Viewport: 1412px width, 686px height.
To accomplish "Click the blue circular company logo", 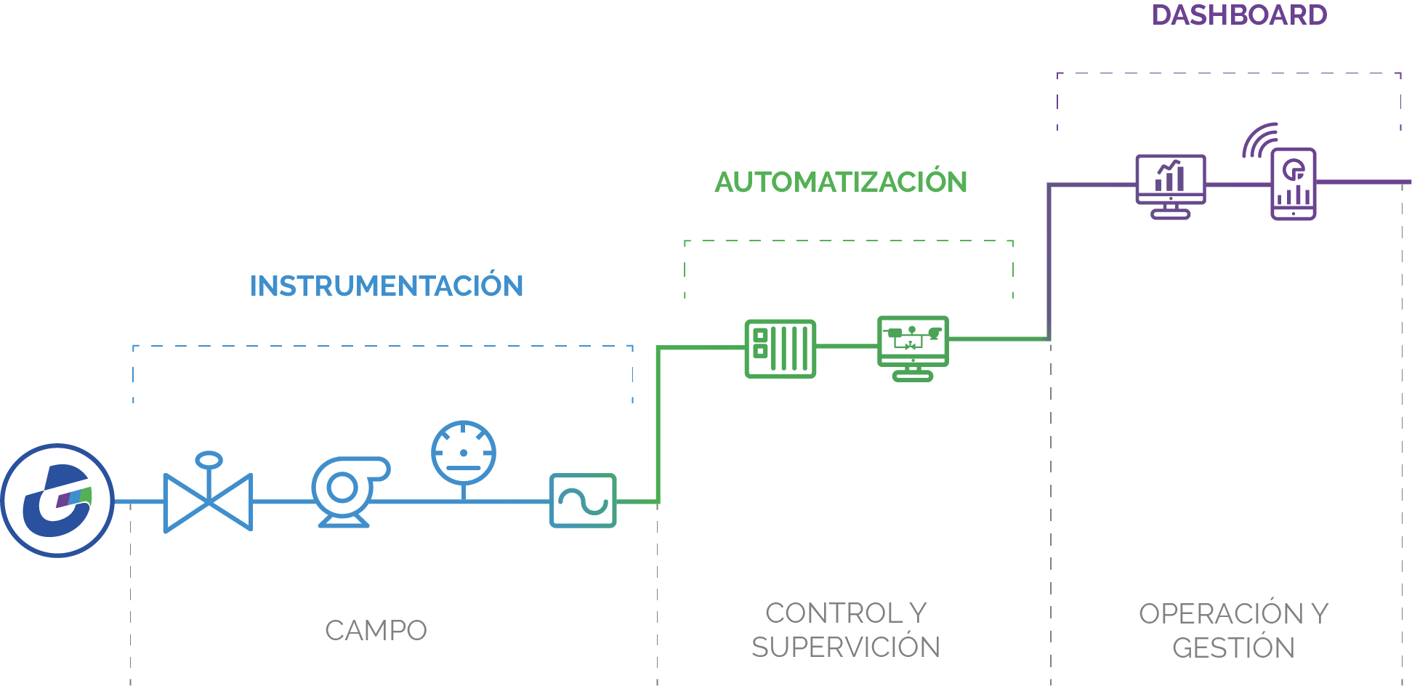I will (x=57, y=501).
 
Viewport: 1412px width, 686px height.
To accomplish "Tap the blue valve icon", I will (x=208, y=501).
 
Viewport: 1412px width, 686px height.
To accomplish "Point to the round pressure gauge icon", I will (x=464, y=453).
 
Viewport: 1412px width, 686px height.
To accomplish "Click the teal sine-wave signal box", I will (x=583, y=501).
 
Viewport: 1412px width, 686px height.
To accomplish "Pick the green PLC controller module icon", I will (x=780, y=349).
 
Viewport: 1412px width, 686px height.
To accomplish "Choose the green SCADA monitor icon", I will (x=913, y=347).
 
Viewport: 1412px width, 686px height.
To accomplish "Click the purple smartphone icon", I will (x=1294, y=184).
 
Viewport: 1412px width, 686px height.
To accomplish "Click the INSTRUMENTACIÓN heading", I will (x=387, y=286).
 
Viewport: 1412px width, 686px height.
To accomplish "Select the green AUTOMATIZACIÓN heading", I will (x=841, y=182).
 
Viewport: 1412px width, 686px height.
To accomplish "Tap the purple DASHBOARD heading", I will (x=1239, y=15).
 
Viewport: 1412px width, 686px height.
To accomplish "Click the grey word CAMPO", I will (x=376, y=631).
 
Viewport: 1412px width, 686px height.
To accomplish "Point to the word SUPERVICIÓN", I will (x=846, y=647).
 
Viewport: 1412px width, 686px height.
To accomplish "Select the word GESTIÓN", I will (x=1233, y=648).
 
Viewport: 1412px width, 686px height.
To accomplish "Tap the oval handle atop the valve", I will (x=209, y=459).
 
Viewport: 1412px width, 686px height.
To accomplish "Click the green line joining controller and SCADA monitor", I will (x=847, y=346).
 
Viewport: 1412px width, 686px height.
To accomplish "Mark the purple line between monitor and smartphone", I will (x=1238, y=185).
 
